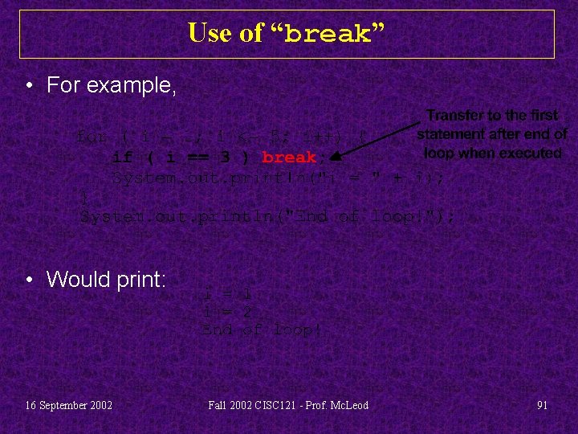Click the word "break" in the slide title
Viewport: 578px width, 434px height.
click(327, 34)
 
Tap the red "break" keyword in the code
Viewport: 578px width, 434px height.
click(289, 157)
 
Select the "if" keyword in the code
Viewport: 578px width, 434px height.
click(123, 157)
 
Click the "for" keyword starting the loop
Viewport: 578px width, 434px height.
click(89, 137)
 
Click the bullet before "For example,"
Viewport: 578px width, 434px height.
click(29, 85)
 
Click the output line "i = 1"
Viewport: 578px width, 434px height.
click(228, 293)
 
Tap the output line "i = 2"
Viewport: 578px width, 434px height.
click(228, 311)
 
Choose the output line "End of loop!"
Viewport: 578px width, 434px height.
click(261, 330)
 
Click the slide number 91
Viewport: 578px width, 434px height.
click(542, 405)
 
